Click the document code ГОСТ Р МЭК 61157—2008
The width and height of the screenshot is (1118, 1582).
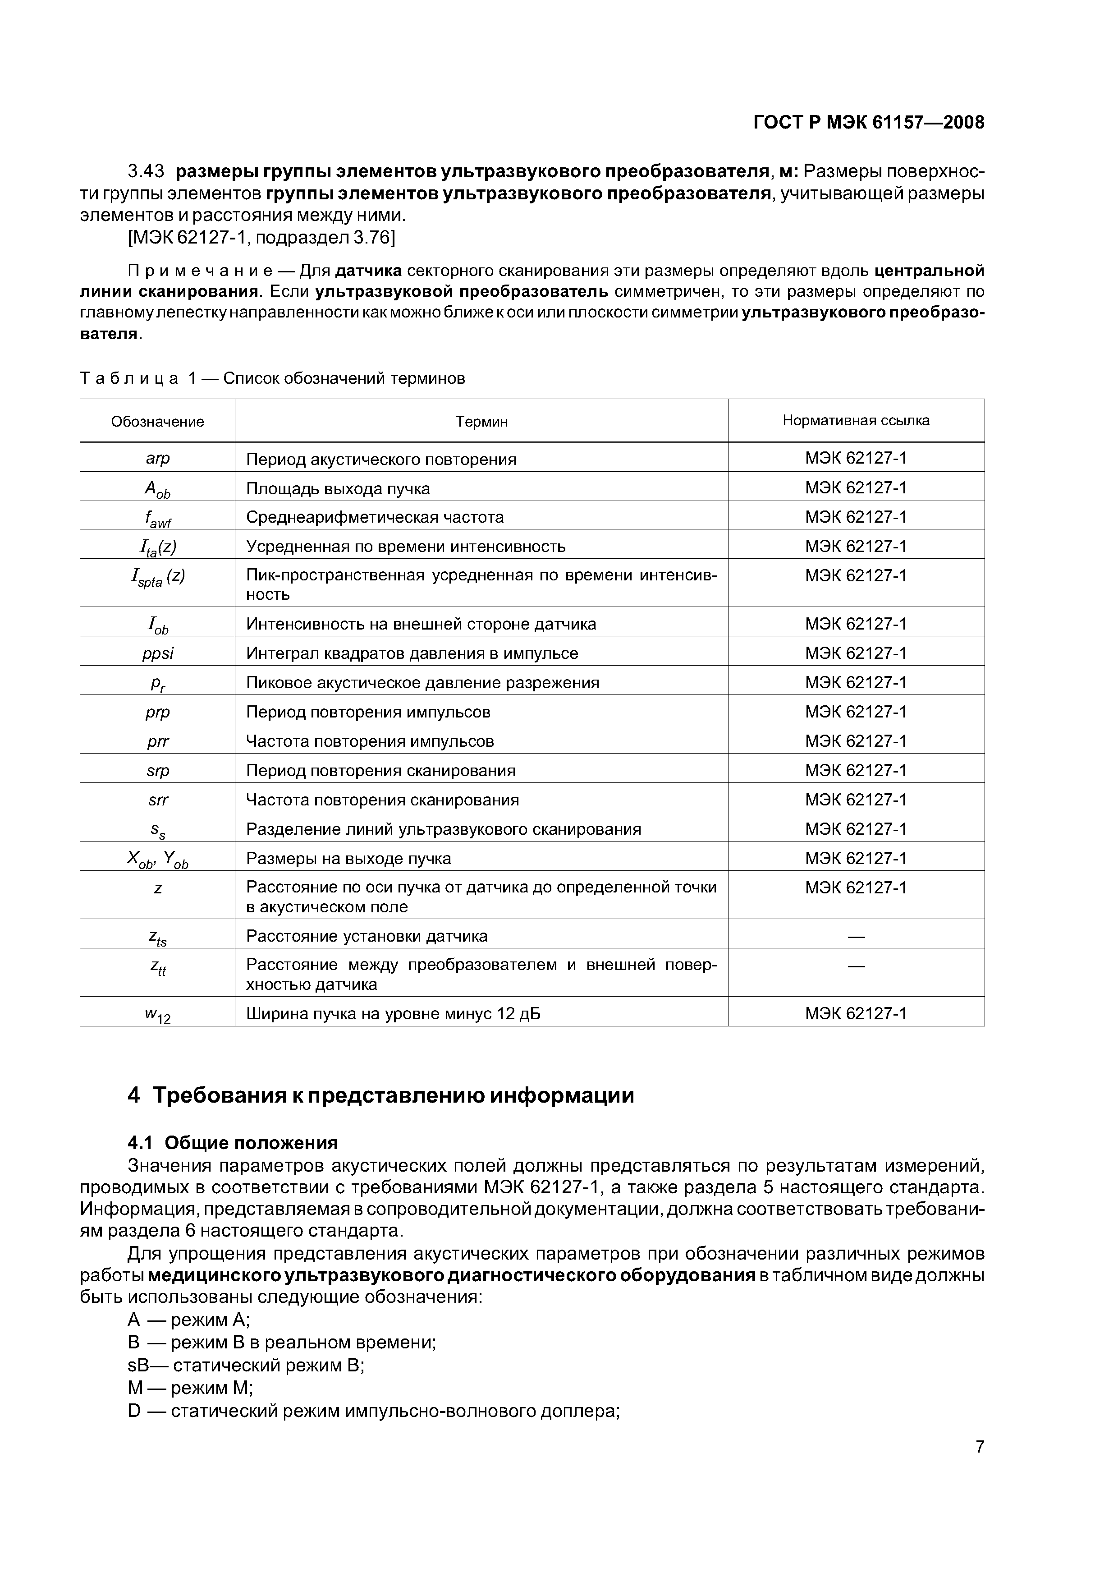869,123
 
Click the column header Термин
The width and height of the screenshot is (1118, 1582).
481,422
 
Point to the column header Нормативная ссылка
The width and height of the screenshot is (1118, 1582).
856,420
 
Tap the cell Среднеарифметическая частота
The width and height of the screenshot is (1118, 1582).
375,517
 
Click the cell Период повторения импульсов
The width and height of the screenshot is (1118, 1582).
368,712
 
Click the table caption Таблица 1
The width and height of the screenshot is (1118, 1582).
272,378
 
